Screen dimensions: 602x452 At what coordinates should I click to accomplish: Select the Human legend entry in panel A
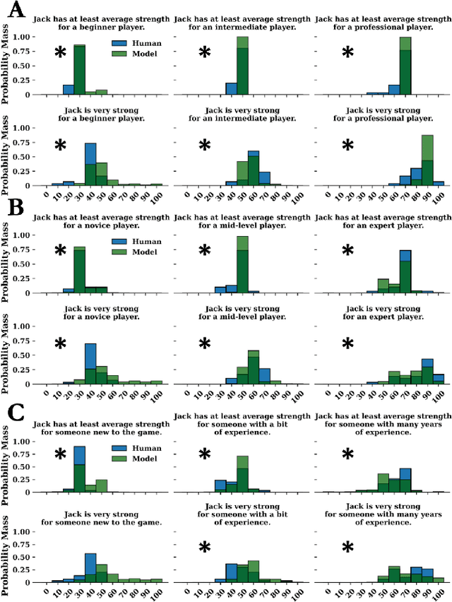[131, 43]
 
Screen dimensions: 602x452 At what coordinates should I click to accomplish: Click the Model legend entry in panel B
[131, 252]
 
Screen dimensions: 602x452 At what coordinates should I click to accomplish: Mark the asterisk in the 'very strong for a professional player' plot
[348, 146]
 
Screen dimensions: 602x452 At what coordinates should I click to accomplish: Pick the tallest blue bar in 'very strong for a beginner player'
[90, 164]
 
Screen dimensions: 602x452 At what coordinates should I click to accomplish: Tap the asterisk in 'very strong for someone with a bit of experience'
[205, 547]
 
